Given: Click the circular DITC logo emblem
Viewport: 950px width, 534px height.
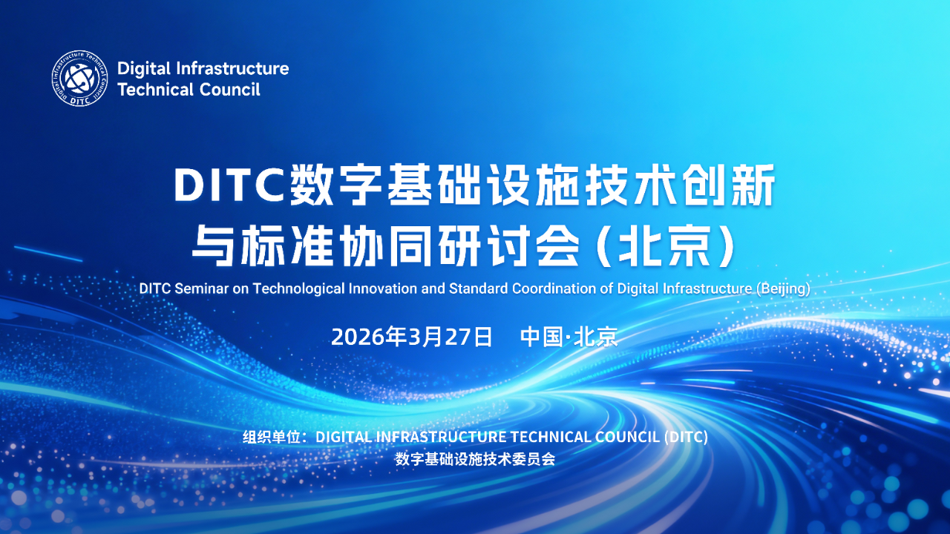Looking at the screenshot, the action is (79, 79).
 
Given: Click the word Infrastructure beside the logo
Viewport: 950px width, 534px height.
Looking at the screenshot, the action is (232, 68).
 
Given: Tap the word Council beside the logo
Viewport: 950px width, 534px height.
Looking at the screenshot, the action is (229, 90).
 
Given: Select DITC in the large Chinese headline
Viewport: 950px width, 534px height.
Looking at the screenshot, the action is (229, 185).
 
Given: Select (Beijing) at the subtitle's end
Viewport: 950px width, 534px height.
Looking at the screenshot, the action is (783, 289).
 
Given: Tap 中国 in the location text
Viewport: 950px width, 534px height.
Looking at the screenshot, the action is (542, 337).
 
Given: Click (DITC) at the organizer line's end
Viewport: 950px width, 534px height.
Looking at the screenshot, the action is (686, 438).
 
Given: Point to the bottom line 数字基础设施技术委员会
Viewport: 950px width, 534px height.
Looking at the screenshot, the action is (475, 459).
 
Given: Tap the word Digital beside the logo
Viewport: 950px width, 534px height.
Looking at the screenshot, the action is (144, 69).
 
